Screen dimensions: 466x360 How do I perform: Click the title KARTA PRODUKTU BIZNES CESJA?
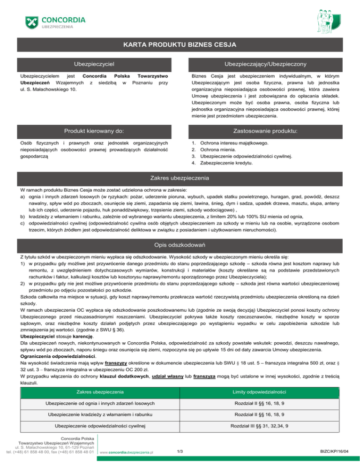[x=180, y=45]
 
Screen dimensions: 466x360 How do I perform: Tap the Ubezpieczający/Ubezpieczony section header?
[x=265, y=63]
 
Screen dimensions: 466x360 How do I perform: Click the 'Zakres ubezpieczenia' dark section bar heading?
[x=180, y=178]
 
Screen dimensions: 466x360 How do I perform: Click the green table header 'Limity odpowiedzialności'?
[x=265, y=391]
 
